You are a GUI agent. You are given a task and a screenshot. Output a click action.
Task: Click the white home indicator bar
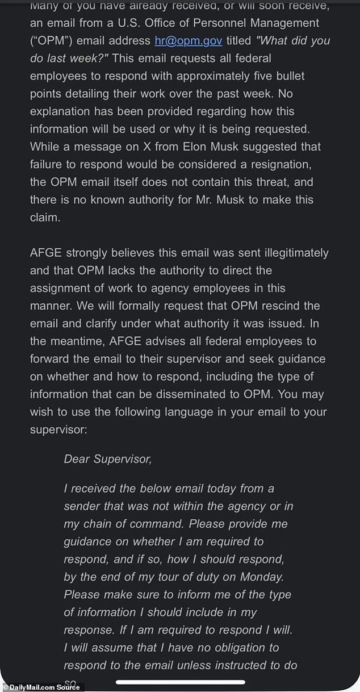tap(180, 682)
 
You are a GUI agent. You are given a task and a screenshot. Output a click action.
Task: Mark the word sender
tap(82, 506)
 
